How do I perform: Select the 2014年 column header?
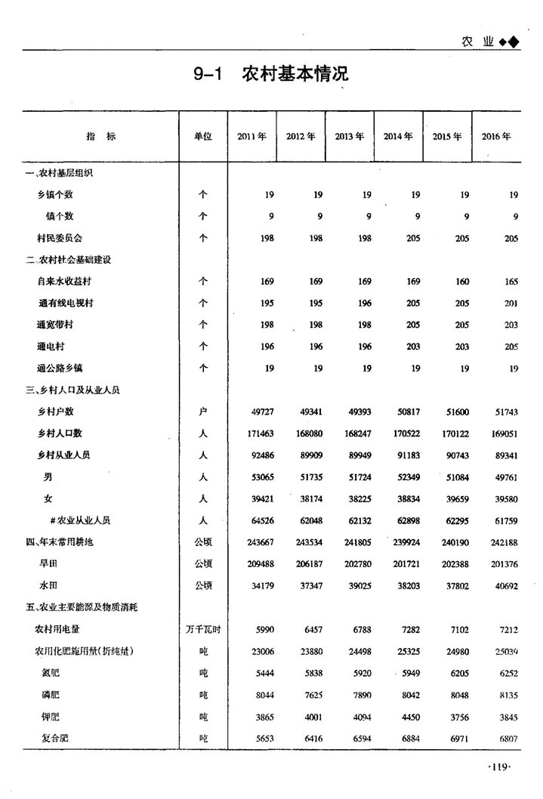tap(398, 137)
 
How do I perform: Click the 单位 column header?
tap(202, 137)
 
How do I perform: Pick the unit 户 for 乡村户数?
tap(202, 412)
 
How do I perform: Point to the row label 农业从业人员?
tap(80, 520)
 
